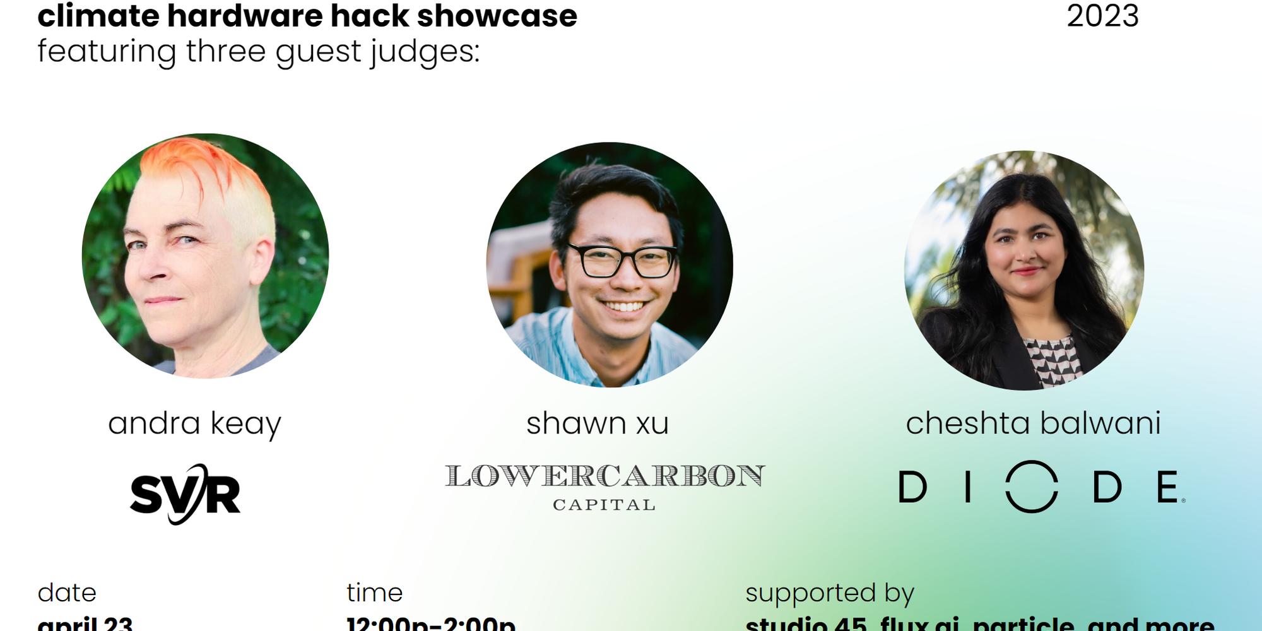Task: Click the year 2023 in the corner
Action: click(1102, 15)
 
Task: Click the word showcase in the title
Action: click(497, 15)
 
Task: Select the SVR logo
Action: click(185, 494)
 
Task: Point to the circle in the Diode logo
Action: click(1032, 487)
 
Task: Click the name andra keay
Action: click(194, 423)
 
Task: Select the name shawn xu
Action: click(597, 423)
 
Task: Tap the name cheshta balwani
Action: click(1033, 423)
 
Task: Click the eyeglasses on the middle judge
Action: click(622, 261)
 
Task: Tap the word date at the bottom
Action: click(67, 593)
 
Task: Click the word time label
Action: click(374, 593)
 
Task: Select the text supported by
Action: click(829, 593)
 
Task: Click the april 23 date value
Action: click(85, 623)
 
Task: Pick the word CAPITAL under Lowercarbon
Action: click(604, 505)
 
